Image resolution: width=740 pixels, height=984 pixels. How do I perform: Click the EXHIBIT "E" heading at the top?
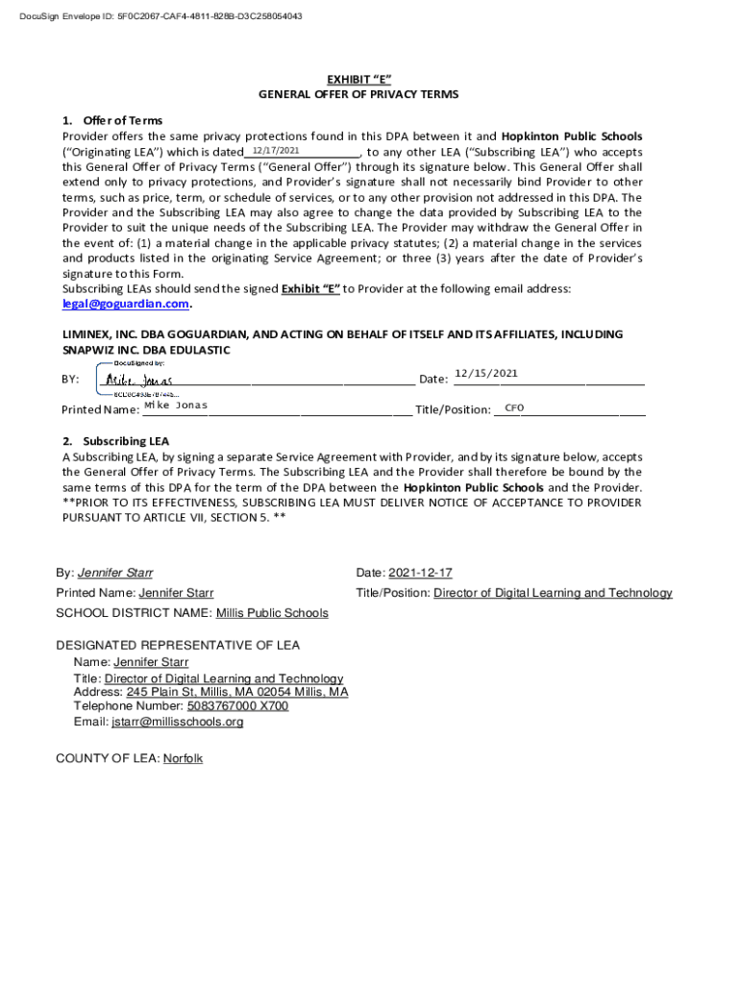358,80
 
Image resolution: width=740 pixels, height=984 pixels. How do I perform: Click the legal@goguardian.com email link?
125,304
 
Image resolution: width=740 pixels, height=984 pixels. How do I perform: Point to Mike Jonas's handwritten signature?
139,381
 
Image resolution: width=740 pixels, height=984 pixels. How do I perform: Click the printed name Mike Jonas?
175,406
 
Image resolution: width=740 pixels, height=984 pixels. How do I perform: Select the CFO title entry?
514,408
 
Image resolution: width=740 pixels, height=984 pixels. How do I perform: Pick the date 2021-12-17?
420,573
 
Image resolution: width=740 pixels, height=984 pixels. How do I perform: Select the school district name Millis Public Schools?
272,613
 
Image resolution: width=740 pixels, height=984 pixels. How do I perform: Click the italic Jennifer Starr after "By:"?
114,573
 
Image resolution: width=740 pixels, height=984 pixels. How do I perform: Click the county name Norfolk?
183,758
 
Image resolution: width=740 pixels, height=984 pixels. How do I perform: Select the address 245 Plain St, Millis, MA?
237,692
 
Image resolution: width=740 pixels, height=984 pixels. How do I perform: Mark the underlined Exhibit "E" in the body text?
310,289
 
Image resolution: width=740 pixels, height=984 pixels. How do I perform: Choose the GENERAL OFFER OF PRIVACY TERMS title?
358,95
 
